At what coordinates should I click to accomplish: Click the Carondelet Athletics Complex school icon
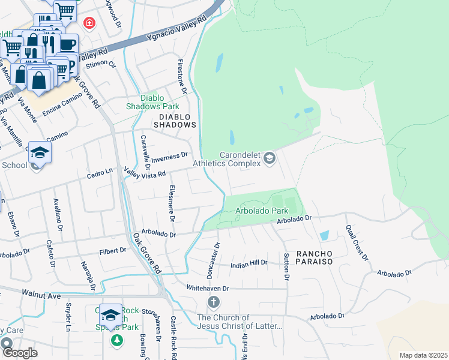click(x=269, y=158)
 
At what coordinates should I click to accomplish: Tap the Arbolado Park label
click(x=261, y=211)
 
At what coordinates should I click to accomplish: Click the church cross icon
click(x=212, y=301)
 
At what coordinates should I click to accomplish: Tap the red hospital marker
click(x=89, y=23)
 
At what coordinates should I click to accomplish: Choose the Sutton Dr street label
click(x=286, y=266)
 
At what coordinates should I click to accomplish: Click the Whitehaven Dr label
click(x=208, y=288)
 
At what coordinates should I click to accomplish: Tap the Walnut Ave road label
click(x=41, y=295)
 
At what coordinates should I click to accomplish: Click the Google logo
click(x=19, y=353)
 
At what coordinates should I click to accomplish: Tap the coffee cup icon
click(x=68, y=44)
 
